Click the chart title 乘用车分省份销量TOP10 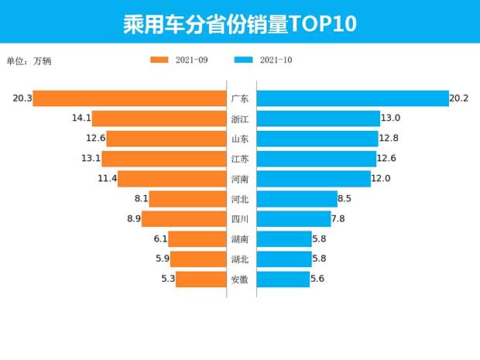coord(239,22)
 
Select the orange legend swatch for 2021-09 coord(159,60)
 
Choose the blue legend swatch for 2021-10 coord(243,60)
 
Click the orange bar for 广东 coord(129,99)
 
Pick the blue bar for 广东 coord(352,99)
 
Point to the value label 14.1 coord(81,119)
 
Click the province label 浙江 coord(240,119)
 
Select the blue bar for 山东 coord(317,139)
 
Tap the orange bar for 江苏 coord(163,159)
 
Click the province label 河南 coord(240,179)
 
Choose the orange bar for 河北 coord(187,199)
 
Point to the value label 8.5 coord(345,199)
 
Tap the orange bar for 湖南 coord(197,239)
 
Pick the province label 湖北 coord(240,259)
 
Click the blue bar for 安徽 coord(283,279)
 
